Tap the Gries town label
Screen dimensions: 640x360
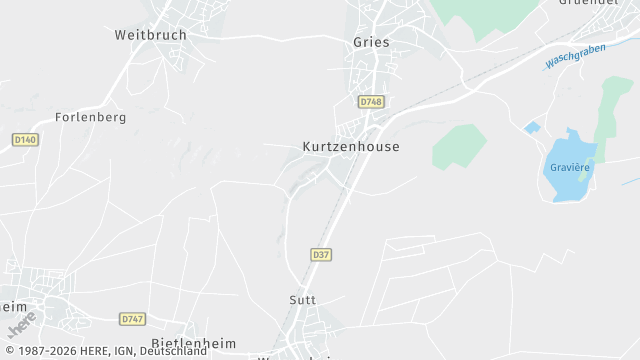click(371, 42)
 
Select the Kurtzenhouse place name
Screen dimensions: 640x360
click(351, 147)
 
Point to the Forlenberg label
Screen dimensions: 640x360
click(91, 117)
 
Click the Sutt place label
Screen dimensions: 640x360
click(302, 300)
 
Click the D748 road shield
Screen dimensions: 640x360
click(371, 102)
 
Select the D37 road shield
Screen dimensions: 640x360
click(321, 256)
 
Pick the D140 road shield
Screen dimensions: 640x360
click(25, 139)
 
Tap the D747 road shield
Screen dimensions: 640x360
click(132, 319)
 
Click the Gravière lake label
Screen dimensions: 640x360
click(570, 167)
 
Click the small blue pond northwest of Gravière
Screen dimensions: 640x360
click(532, 128)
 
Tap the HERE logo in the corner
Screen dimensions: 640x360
click(21, 326)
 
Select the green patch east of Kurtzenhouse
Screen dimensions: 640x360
click(459, 146)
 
